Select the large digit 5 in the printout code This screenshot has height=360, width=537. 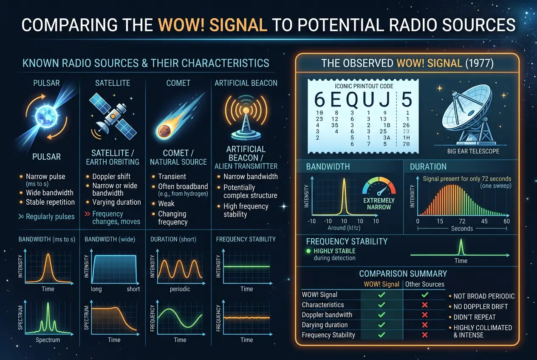pyautogui.click(x=407, y=100)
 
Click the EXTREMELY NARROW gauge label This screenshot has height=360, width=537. pyautogui.click(x=379, y=203)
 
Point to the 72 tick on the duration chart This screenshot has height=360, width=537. pyautogui.click(x=462, y=221)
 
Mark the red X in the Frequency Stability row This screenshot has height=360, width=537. pyautogui.click(x=424, y=335)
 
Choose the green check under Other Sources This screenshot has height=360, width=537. pyautogui.click(x=424, y=295)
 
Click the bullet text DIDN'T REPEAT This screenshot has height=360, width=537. pyautogui.click(x=474, y=317)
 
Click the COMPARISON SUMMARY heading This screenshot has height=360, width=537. pyautogui.click(x=403, y=273)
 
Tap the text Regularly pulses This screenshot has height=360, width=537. pyautogui.click(x=50, y=217)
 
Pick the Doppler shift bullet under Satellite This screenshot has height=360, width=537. pyautogui.click(x=111, y=177)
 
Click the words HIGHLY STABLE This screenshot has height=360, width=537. pyautogui.click(x=334, y=251)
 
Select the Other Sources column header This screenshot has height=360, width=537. pyautogui.click(x=424, y=284)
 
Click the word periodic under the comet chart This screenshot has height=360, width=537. pyautogui.click(x=180, y=289)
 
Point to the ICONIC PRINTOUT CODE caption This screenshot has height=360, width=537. pyautogui.click(x=364, y=86)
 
